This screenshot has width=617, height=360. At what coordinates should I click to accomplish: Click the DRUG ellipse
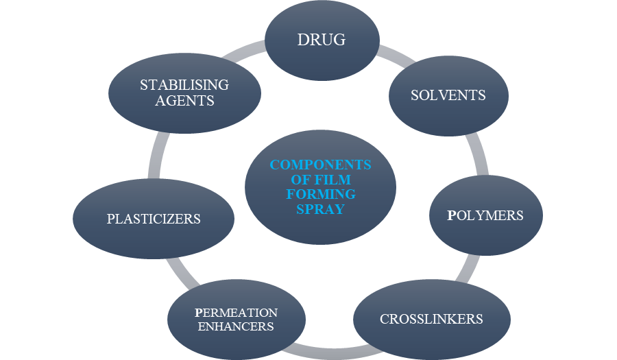tap(322, 40)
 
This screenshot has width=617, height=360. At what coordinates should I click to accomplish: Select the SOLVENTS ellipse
tap(448, 95)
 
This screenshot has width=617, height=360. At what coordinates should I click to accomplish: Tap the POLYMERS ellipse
tap(485, 215)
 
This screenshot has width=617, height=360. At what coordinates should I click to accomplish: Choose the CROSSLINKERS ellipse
tap(431, 320)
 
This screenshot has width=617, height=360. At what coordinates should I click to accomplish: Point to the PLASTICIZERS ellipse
tap(154, 219)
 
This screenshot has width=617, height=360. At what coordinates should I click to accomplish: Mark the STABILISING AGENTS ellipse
tap(184, 93)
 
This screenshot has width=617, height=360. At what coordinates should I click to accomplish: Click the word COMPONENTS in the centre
tap(320, 165)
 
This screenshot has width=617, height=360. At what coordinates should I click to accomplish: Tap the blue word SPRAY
tap(320, 209)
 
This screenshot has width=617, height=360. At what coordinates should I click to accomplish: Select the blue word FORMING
tap(320, 194)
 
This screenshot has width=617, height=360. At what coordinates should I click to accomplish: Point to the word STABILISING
tap(184, 85)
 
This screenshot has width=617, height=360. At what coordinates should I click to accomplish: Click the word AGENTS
tap(184, 100)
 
